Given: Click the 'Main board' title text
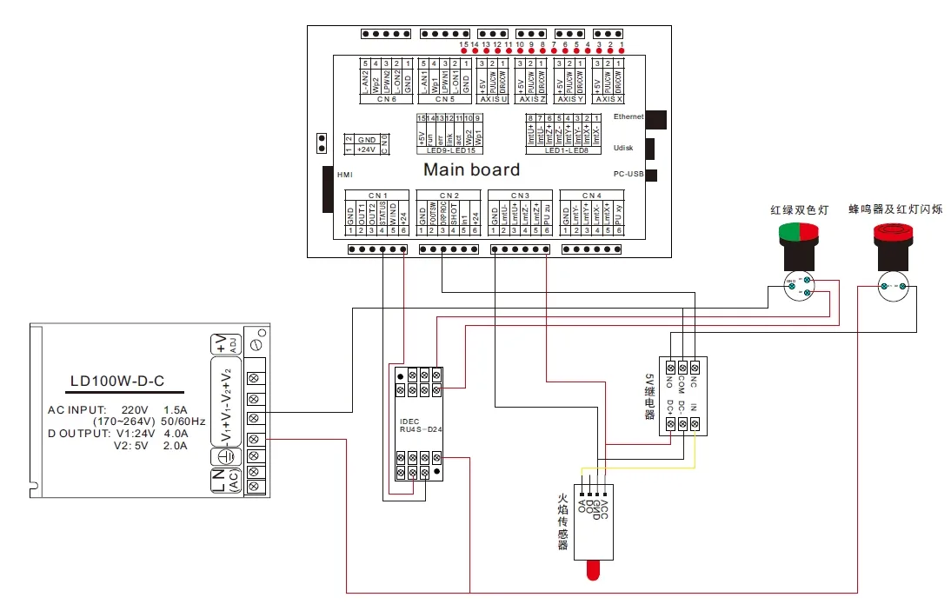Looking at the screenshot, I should point(471,169).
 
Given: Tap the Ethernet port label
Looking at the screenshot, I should point(628,116).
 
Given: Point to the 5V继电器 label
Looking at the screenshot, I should point(648,396).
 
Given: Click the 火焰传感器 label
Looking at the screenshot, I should point(562,522).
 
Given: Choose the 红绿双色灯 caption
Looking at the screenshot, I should point(800,209).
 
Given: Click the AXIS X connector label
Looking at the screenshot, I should point(608,98).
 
